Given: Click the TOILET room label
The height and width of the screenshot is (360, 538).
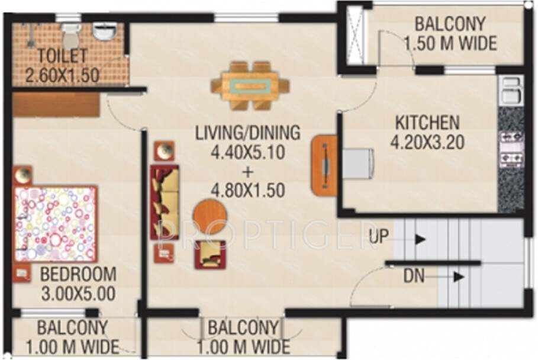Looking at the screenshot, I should point(63,56).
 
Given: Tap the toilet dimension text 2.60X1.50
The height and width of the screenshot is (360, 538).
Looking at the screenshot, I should point(62,75).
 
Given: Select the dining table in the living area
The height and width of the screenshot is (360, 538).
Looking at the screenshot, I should point(250,86).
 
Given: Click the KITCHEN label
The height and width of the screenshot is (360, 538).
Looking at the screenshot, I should point(427,123).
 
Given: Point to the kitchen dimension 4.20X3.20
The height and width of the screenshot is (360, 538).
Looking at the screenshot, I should point(426,142).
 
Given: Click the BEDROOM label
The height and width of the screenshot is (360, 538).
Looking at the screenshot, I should point(78,275).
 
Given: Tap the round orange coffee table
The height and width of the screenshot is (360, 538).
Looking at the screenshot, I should point(210,216).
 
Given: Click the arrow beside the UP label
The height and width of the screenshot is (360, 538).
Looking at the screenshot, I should point(420,239).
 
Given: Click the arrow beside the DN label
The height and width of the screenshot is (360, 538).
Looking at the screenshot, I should point(457,276).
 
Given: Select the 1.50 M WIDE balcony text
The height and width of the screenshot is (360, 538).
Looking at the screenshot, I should point(450,43).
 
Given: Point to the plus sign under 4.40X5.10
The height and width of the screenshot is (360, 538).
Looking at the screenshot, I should point(248,172).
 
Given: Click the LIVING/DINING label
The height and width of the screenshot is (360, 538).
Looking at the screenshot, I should point(248,132).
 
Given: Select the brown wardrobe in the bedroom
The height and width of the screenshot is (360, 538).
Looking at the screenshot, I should point(56,105).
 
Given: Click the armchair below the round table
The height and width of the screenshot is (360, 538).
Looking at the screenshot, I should point(210,254).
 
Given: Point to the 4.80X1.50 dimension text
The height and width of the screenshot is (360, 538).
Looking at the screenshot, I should point(248,191).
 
